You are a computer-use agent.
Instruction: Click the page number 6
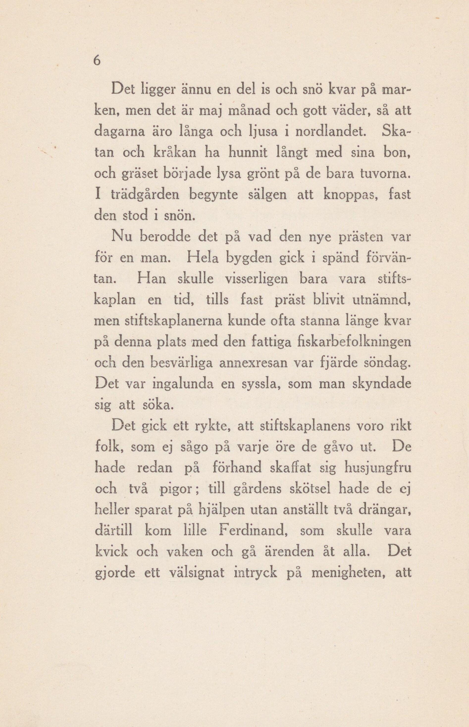tap(97, 61)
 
